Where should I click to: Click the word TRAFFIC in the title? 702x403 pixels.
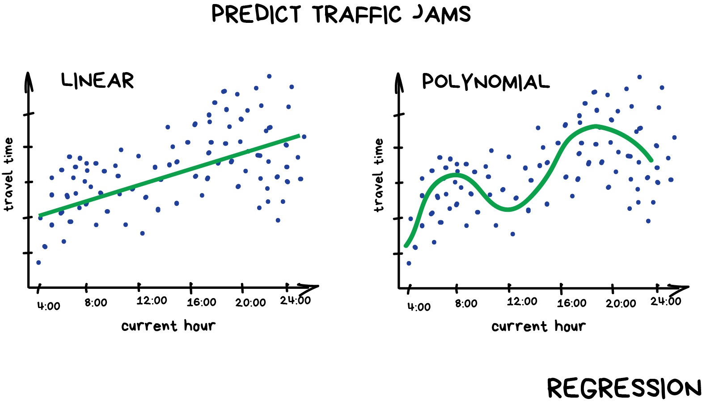tap(357, 14)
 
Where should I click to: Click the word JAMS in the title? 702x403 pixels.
tap(442, 14)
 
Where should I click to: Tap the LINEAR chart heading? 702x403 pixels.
tap(97, 81)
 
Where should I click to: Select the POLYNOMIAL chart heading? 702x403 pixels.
tap(486, 82)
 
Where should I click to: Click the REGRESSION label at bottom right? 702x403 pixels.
tap(624, 388)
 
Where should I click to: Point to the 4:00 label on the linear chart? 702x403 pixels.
tap(48, 306)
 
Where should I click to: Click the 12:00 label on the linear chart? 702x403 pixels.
tap(152, 300)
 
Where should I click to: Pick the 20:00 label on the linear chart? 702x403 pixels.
tap(250, 303)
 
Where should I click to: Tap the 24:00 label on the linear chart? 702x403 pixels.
tap(295, 300)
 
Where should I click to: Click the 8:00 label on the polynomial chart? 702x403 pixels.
tap(466, 304)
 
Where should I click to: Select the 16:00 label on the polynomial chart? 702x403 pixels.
tap(571, 304)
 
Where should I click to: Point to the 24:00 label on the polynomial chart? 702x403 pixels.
tap(665, 301)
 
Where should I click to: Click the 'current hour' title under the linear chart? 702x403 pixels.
tap(168, 326)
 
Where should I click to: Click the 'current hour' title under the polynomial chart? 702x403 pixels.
tap(538, 326)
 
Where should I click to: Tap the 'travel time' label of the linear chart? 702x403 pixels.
tap(8, 174)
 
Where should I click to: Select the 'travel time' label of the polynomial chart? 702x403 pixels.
tap(379, 175)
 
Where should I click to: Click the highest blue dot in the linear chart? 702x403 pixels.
tap(269, 76)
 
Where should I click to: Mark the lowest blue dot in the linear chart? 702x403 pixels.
tap(38, 262)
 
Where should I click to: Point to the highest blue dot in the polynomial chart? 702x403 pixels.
tap(639, 77)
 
